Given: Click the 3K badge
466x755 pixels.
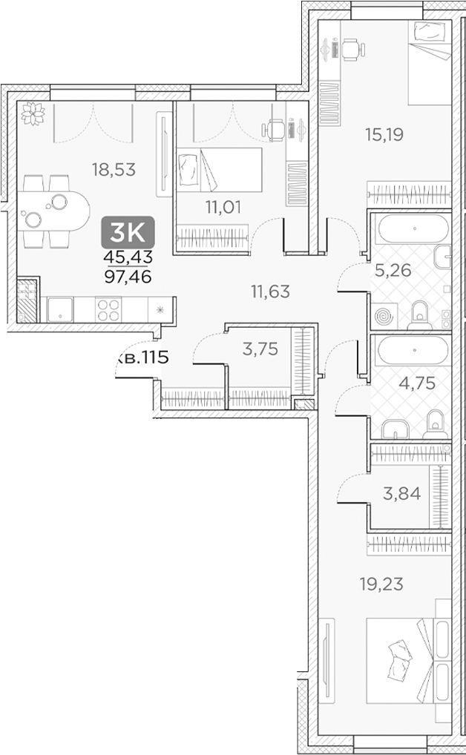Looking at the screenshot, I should click(128, 233).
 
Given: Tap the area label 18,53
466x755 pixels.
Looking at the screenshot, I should click(114, 170).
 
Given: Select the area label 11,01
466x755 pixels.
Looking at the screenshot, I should click(223, 207).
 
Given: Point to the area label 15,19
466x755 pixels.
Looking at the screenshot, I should click(384, 135).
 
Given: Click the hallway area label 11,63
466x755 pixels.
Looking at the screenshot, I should click(269, 291).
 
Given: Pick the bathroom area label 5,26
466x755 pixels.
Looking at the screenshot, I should click(393, 270).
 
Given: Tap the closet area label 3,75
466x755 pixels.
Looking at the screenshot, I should click(260, 349).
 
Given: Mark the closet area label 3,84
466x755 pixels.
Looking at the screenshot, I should click(401, 494).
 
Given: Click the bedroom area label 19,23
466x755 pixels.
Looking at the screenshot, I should click(381, 584).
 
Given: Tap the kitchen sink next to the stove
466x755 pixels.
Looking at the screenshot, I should click(59, 309).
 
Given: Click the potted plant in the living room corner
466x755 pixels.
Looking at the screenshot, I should click(33, 113).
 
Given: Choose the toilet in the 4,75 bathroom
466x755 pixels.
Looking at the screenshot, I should click(434, 424).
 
